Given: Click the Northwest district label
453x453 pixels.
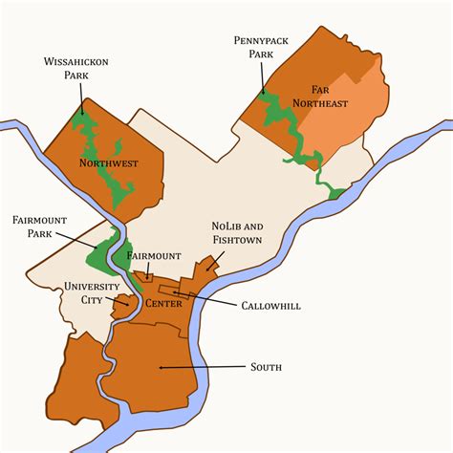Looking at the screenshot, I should pyautogui.click(x=108, y=163).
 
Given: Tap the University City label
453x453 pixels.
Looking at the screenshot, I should pyautogui.click(x=93, y=292).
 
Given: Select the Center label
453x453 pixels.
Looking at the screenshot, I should pyautogui.click(x=163, y=304).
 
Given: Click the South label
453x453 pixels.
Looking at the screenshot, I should pyautogui.click(x=266, y=366).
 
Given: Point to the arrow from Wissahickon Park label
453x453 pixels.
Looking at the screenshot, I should pyautogui.click(x=82, y=97).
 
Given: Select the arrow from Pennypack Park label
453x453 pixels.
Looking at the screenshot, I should pyautogui.click(x=261, y=77).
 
